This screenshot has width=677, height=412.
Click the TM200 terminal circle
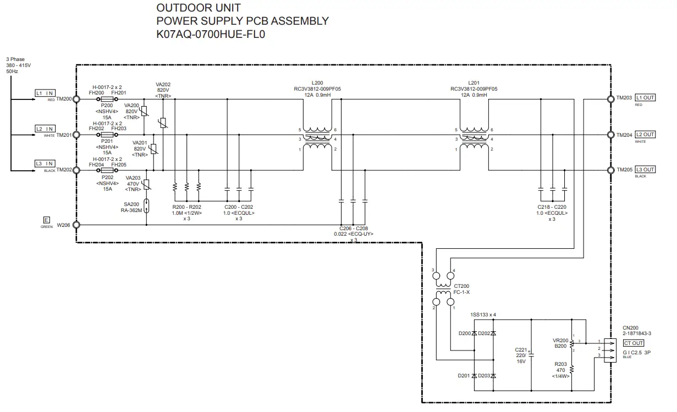coord(76,99)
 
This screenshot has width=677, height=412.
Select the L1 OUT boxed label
coord(645,98)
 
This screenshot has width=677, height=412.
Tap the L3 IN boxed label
coord(45,164)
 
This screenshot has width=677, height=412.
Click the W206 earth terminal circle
coord(76,225)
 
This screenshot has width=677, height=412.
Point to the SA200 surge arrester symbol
coord(147,206)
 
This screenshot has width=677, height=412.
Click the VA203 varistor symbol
coord(147,185)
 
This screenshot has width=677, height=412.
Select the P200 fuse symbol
coord(107,99)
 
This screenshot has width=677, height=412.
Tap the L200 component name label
coord(317,83)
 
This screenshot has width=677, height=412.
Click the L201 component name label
coord(474,83)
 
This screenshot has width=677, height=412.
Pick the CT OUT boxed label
coord(634,343)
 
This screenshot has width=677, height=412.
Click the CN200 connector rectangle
coord(610,350)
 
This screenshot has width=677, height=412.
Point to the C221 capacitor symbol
coord(531,355)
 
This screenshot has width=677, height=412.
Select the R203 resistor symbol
coord(571,369)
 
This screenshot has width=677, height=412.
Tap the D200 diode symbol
coord(474,333)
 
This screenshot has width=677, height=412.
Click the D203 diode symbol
coord(493,376)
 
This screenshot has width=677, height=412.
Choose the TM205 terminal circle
coord(611,170)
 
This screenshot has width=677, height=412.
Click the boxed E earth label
coord(47,220)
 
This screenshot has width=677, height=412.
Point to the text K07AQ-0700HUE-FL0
coord(211,34)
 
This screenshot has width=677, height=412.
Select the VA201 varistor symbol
coord(153,149)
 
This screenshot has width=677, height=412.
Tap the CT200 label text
coord(461,286)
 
